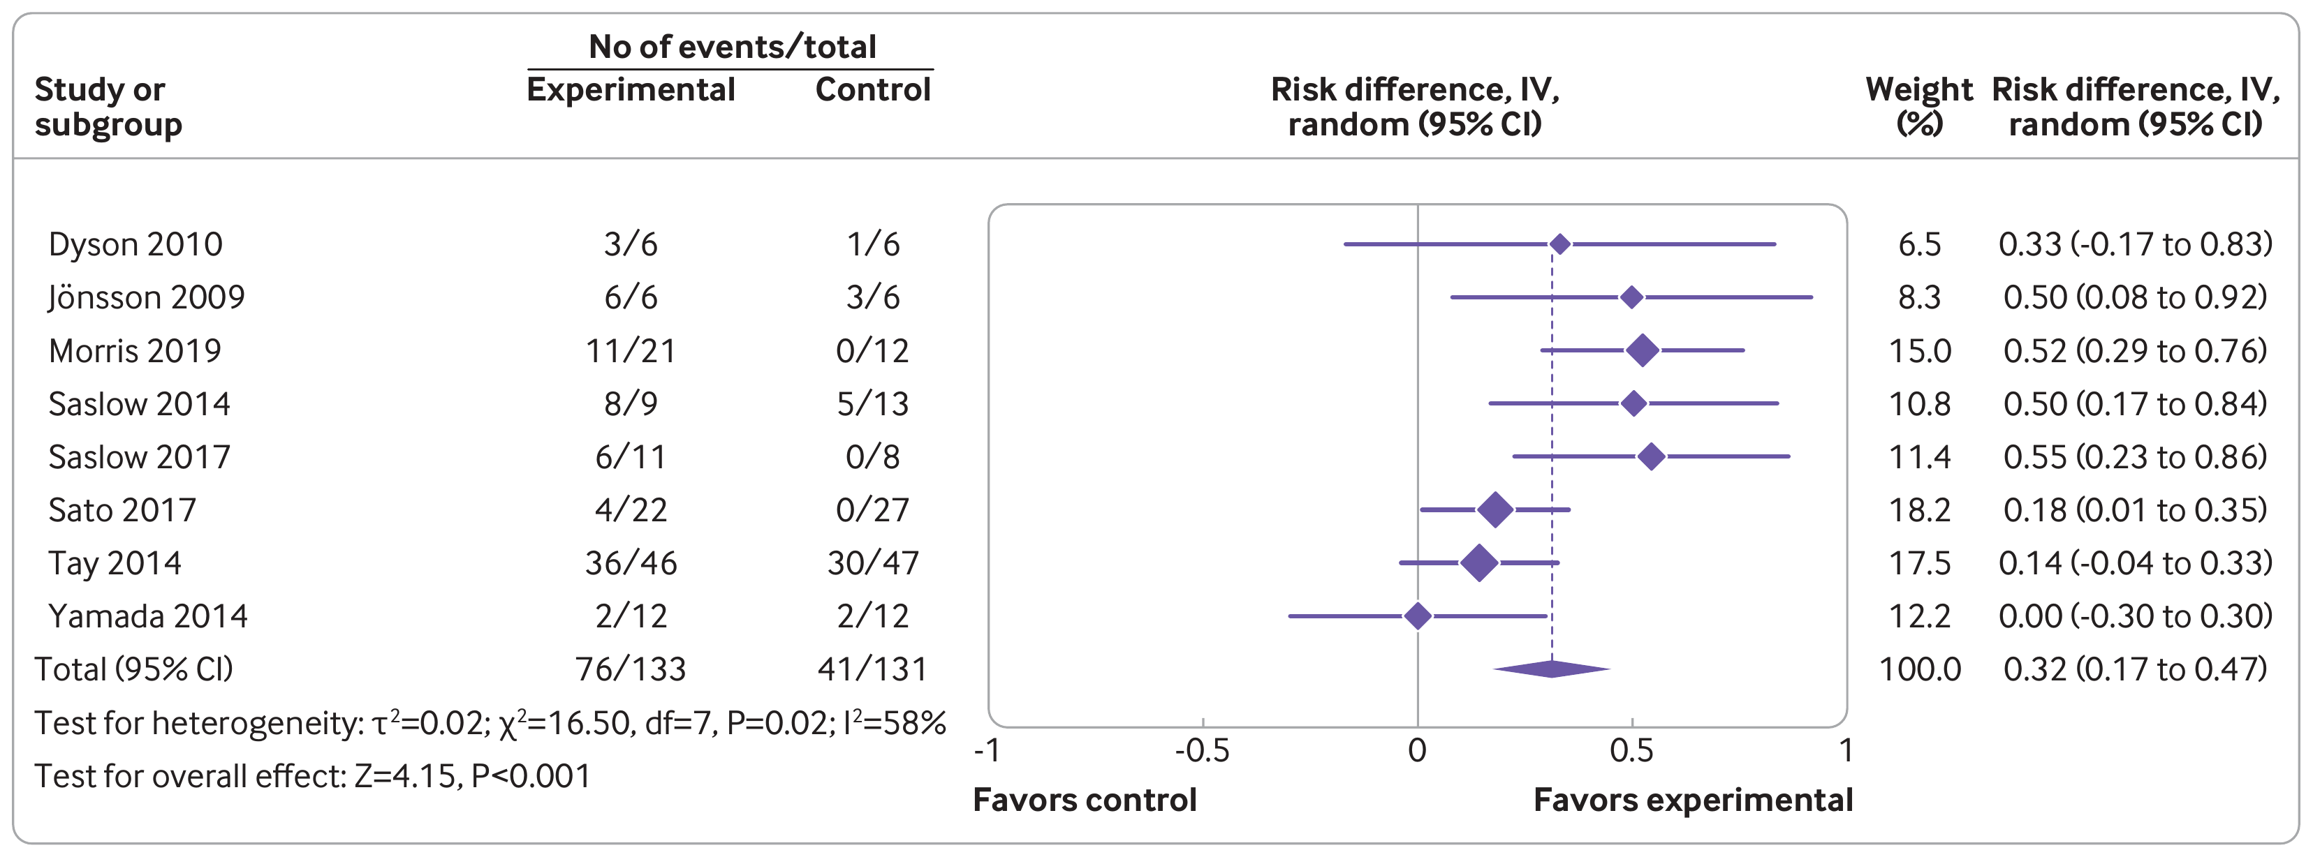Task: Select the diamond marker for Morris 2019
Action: click(1643, 350)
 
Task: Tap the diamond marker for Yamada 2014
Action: click(1417, 616)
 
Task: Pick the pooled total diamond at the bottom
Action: click(1552, 669)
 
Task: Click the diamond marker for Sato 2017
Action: click(1495, 509)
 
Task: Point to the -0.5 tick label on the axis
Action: click(1203, 750)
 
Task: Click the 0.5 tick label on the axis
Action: click(1631, 750)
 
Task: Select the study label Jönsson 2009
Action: click(147, 297)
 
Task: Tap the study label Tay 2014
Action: click(115, 562)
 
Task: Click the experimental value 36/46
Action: click(631, 562)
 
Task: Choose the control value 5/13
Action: click(872, 404)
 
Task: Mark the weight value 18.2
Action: click(1919, 509)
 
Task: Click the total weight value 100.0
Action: click(1919, 669)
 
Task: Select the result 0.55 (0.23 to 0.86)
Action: click(2134, 457)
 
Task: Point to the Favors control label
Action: click(1084, 800)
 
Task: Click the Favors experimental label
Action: click(1693, 800)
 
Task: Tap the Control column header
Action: click(872, 90)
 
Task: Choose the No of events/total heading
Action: click(731, 47)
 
